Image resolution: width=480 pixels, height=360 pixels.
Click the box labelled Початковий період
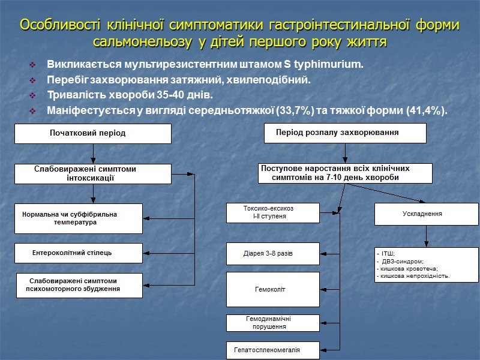[x=92, y=133]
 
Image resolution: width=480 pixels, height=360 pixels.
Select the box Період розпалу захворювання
[x=345, y=133]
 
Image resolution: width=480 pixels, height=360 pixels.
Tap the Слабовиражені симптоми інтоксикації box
[x=92, y=173]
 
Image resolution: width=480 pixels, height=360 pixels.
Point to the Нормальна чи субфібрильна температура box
[x=78, y=218]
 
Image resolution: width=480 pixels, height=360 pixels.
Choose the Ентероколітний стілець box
[x=78, y=253]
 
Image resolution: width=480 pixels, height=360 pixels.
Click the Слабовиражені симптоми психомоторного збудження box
[x=78, y=285]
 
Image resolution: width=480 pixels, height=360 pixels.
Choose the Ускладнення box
[x=427, y=213]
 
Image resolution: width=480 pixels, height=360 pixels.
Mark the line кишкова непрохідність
[x=414, y=276]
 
